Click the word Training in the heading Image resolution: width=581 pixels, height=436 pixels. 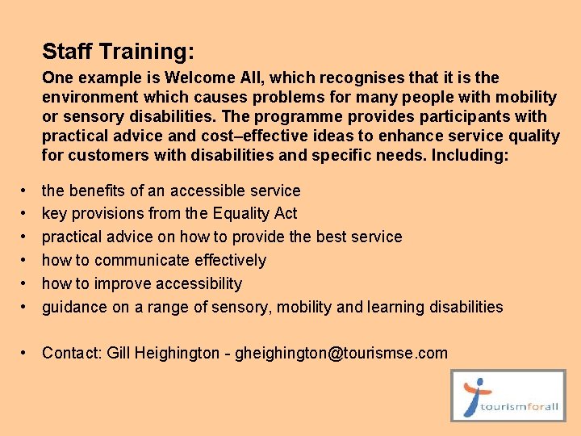tap(147, 52)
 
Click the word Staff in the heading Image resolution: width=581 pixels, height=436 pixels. tap(68, 52)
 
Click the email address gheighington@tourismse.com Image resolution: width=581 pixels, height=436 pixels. tap(341, 354)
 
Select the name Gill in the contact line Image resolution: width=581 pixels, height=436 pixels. tap(118, 354)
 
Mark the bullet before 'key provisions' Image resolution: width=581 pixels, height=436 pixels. tap(27, 214)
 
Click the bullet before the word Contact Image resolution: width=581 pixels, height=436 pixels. tap(27, 354)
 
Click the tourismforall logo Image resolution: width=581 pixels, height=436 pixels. tap(508, 396)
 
